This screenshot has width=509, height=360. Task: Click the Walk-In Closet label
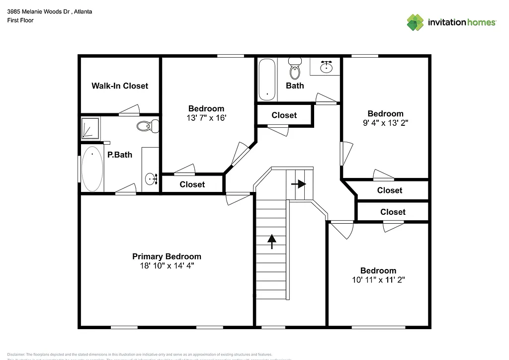tap(120, 86)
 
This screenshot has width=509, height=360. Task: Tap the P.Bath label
tap(120, 155)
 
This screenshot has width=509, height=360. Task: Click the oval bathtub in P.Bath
tap(92, 169)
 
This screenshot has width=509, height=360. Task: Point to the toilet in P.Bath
tap(146, 126)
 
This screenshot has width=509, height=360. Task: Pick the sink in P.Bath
tap(151, 177)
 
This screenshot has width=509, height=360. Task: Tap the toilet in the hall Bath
tap(295, 70)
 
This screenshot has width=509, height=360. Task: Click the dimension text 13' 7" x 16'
tap(206, 118)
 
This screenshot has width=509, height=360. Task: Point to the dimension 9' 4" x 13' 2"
tap(385, 123)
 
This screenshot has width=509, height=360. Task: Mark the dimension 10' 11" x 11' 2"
tap(378, 280)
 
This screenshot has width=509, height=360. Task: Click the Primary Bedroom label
tap(167, 257)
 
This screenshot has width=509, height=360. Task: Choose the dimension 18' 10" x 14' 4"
tap(167, 266)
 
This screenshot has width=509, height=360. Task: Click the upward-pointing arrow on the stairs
tap(271, 241)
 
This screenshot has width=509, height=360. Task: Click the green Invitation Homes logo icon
tap(416, 22)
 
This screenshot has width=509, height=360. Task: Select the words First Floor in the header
tap(20, 20)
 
